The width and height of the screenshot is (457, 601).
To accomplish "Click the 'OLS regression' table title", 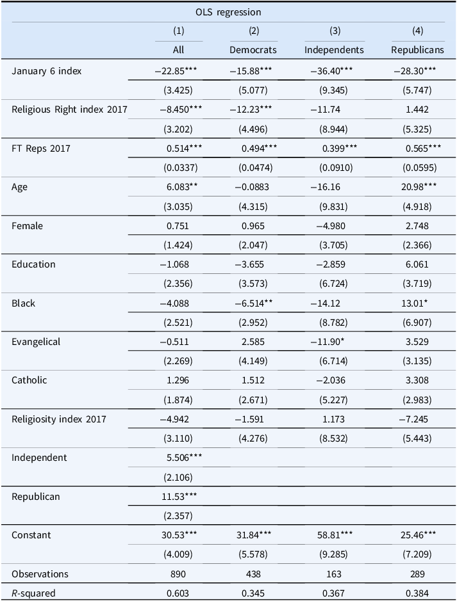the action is click(x=228, y=12).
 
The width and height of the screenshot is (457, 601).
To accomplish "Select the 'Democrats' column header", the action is click(x=253, y=50).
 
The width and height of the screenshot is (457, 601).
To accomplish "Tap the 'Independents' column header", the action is click(x=334, y=50).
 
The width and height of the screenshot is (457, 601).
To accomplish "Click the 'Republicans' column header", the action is click(x=417, y=50).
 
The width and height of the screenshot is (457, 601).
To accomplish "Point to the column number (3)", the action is click(x=335, y=31).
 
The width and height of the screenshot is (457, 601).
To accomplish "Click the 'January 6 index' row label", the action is click(x=46, y=71).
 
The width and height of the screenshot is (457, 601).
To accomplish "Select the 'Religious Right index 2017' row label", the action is click(x=69, y=109).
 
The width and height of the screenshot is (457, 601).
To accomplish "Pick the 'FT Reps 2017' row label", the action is click(x=41, y=148).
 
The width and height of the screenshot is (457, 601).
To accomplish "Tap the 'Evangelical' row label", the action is click(x=36, y=342).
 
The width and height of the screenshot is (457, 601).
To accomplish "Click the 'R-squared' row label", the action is click(x=33, y=593).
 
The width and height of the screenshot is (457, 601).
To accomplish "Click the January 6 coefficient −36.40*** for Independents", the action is click(x=331, y=71).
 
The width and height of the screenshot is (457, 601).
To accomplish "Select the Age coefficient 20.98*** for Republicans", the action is click(x=417, y=187).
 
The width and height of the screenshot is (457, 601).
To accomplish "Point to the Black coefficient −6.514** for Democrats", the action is click(x=254, y=303).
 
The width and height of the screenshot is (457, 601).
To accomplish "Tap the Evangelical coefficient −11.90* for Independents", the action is click(x=328, y=342).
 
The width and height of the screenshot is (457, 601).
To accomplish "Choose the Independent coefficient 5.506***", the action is click(x=184, y=458).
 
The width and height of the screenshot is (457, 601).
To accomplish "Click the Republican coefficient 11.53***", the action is click(x=179, y=497).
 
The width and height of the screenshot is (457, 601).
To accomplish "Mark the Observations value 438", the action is click(x=253, y=573).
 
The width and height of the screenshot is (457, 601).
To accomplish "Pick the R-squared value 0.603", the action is click(x=178, y=593).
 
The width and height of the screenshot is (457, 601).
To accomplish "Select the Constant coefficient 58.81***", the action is click(x=335, y=535).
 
